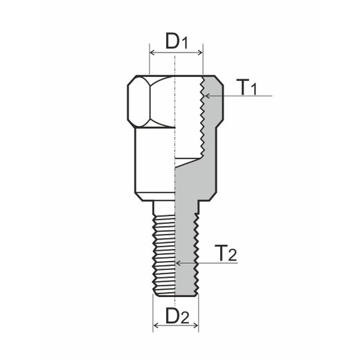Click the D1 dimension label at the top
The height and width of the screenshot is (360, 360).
click(x=177, y=40)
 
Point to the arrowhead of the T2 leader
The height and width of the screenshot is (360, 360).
click(x=179, y=263)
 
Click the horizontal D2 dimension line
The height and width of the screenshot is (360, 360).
click(x=176, y=327)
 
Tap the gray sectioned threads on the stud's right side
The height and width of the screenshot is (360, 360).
click(x=196, y=253)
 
